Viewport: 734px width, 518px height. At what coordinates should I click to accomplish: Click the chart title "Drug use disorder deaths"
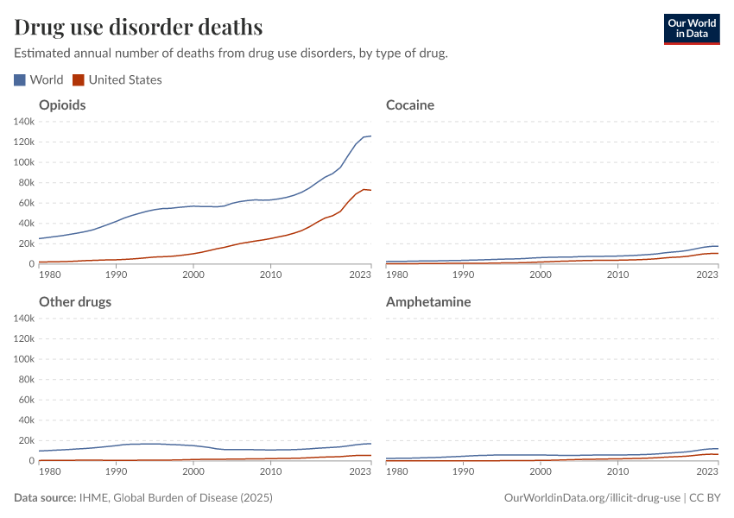pos(139,27)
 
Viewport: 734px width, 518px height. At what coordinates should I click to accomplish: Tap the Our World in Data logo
pos(691,28)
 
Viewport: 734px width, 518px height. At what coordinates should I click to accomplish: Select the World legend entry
pos(39,79)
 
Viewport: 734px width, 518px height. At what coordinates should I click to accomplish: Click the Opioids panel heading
pos(62,105)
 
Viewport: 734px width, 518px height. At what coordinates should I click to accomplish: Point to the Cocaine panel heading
pos(410,105)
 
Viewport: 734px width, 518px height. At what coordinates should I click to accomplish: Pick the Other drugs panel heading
pos(75,302)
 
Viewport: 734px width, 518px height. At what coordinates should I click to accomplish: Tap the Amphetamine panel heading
pos(428,302)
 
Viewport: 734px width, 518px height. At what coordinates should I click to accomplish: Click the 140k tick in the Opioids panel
pos(23,121)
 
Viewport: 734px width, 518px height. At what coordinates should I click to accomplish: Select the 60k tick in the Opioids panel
pos(25,203)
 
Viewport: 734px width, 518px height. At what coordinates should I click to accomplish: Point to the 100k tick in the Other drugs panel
pos(23,359)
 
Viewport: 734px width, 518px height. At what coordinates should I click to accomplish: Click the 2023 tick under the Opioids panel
pos(360,275)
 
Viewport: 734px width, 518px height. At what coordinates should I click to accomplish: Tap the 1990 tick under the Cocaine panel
pos(464,275)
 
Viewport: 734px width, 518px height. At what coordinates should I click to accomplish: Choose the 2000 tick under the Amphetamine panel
pos(541,472)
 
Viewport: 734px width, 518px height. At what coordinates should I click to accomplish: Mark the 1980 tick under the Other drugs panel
pos(50,472)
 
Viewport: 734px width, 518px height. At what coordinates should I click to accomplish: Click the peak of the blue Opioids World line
pos(370,136)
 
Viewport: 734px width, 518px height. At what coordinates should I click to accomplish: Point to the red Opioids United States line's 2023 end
pos(370,190)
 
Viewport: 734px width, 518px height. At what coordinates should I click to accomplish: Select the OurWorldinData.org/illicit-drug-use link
pos(593,498)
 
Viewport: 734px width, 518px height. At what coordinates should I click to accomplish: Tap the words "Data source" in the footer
pos(44,498)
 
